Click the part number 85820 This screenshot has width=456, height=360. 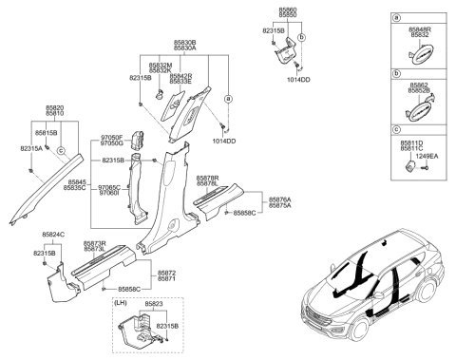pyautogui.click(x=55, y=107)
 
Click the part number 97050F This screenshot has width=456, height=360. pyautogui.click(x=110, y=138)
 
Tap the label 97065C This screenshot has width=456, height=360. pyautogui.click(x=109, y=187)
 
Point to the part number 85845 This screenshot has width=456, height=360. pyautogui.click(x=76, y=182)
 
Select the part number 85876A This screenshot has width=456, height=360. pyautogui.click(x=279, y=199)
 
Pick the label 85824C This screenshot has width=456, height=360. pyautogui.click(x=54, y=234)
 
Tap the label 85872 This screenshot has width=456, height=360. pyautogui.click(x=167, y=272)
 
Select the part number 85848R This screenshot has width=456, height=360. pyautogui.click(x=420, y=29)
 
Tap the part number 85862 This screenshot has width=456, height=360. pyautogui.click(x=420, y=84)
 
